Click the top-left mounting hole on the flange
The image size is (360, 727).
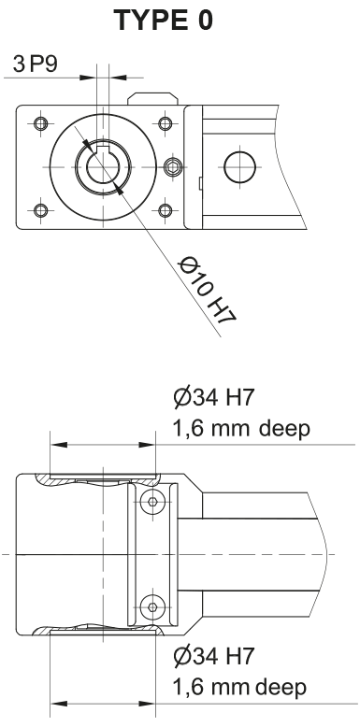point(38,124)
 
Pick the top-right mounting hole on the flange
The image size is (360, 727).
point(165,124)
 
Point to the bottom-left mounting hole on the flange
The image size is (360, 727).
point(38,208)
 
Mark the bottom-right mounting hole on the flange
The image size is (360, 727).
point(165,208)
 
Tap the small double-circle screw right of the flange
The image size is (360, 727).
point(171,167)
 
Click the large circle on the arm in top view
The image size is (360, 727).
point(238,166)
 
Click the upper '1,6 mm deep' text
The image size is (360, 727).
point(238,433)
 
